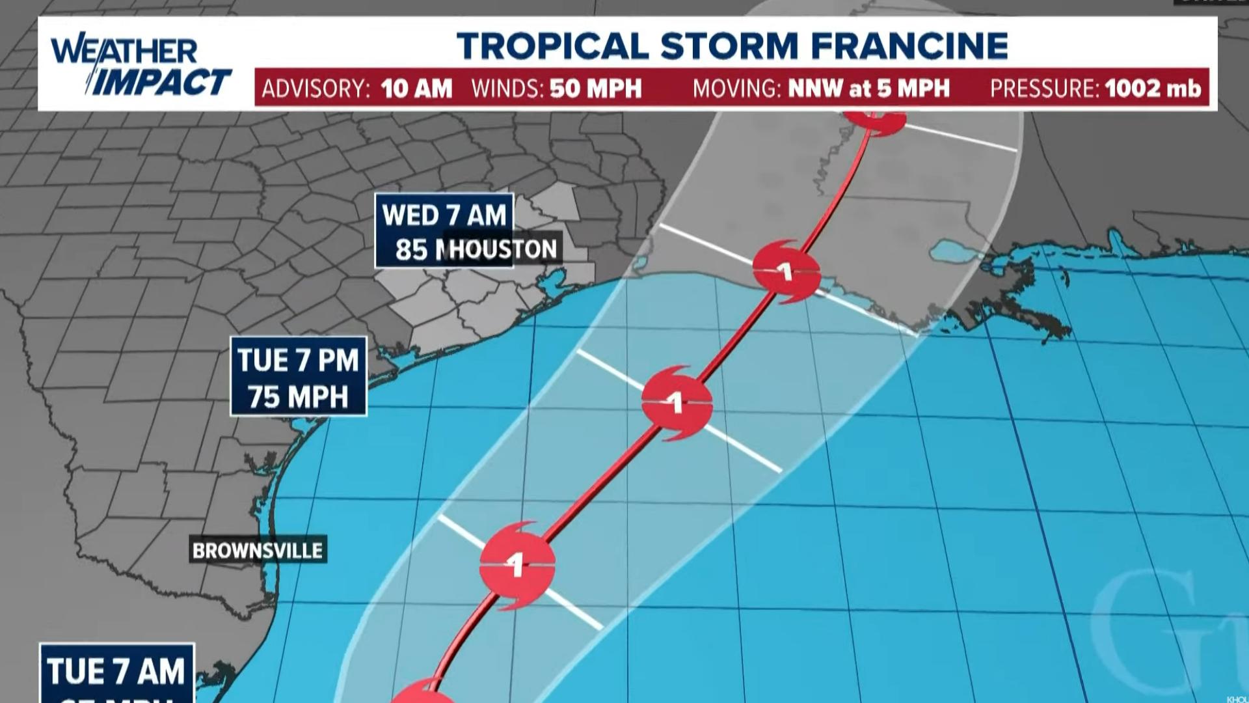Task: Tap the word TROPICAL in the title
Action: point(552,46)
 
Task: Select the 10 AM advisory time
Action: point(416,89)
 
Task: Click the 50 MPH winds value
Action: point(595,89)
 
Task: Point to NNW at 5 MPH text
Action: point(868,89)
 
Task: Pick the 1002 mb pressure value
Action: point(1152,89)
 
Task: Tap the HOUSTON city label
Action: point(503,249)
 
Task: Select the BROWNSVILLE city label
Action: point(258,551)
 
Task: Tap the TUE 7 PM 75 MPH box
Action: point(299,377)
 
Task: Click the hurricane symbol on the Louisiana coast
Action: point(786,271)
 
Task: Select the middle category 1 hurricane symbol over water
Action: point(677,403)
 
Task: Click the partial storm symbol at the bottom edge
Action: point(424,693)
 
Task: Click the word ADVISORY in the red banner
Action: point(316,89)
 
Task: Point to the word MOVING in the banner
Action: point(736,89)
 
